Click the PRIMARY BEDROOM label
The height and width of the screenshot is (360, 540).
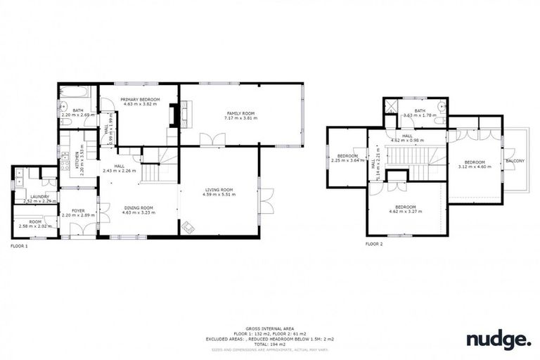pos(140,100)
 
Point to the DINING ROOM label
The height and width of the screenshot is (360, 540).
pos(139,207)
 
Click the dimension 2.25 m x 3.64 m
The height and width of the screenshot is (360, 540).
pos(347,160)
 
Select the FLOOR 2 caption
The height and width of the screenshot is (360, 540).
pos(374,244)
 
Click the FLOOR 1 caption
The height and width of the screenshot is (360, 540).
pos(19,247)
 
